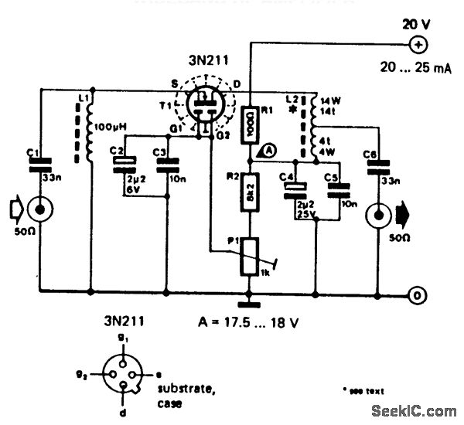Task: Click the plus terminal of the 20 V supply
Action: click(x=418, y=43)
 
